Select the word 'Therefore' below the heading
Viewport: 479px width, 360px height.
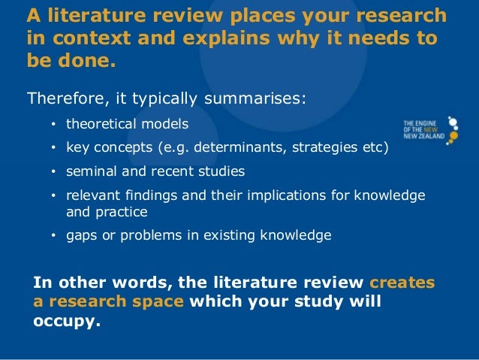point(66,98)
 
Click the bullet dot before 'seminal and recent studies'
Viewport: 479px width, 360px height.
point(54,172)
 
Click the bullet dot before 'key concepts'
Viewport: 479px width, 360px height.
point(54,148)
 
